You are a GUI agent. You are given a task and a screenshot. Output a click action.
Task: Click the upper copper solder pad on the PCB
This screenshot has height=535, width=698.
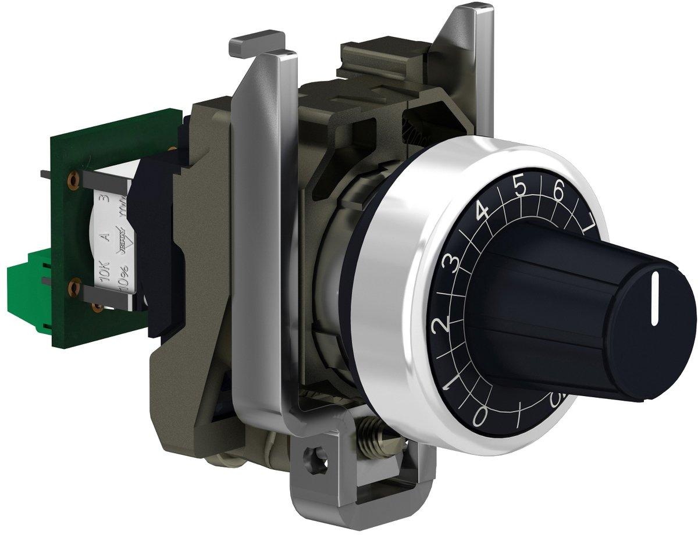73,181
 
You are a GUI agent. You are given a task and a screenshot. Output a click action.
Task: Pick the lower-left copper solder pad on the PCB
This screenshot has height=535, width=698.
73,287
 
